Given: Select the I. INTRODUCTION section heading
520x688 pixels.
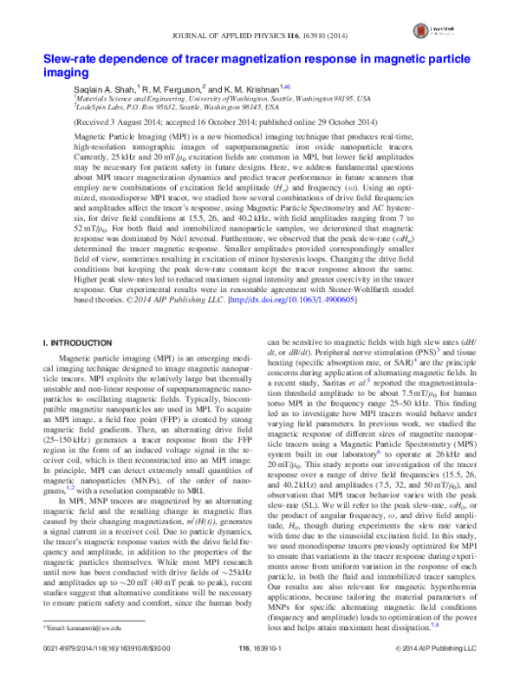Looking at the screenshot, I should tap(79, 345).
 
